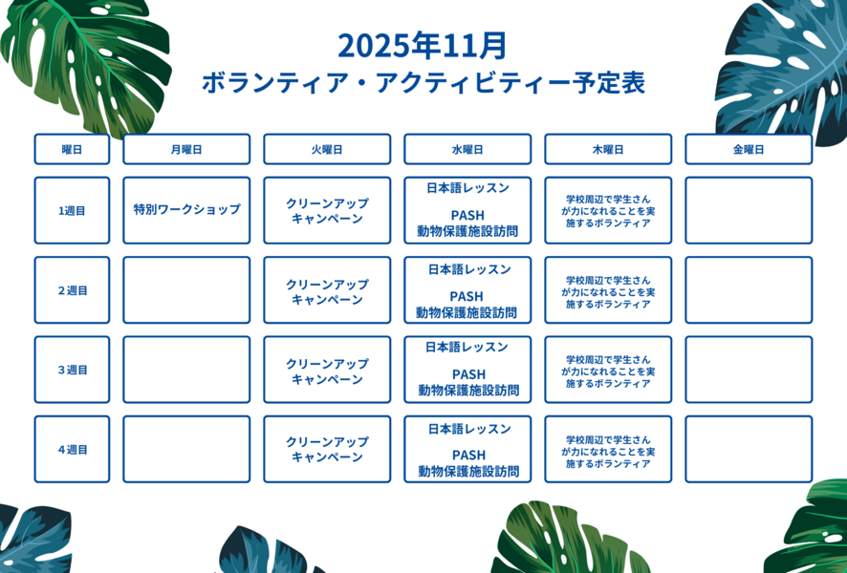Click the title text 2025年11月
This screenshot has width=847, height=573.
[423, 45]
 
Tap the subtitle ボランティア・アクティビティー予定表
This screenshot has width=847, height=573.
[423, 83]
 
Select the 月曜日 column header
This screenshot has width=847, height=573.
[186, 149]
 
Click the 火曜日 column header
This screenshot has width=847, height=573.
[327, 149]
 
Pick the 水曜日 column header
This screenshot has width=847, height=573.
[467, 149]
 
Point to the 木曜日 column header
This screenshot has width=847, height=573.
[608, 149]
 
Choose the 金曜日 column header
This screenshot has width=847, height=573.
[749, 149]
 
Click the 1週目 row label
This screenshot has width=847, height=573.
[72, 210]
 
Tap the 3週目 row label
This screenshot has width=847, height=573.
[72, 370]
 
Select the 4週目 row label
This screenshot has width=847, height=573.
[72, 450]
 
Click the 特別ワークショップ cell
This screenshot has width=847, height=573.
[186, 210]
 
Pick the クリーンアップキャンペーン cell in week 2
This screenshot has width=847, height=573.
[327, 290]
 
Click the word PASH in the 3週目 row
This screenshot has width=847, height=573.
[468, 374]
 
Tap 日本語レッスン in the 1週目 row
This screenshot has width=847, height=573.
[467, 188]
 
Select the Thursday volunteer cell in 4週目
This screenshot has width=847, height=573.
[608, 450]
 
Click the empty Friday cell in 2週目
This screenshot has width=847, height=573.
[749, 290]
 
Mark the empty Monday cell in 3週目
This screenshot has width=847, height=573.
[186, 370]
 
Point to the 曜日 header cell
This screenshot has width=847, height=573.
[72, 149]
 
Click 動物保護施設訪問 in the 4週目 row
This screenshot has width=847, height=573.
[468, 471]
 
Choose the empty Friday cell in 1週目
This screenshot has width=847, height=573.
[749, 210]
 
